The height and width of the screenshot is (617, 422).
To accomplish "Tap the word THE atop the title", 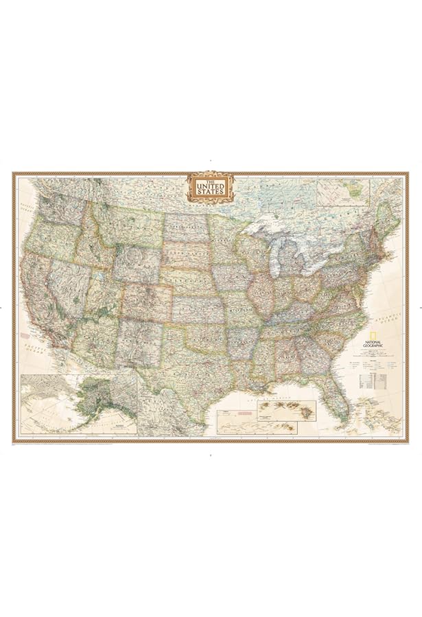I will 211,180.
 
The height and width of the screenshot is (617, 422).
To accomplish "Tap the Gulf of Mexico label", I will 274,396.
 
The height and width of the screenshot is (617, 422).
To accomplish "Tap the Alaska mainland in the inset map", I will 96,401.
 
